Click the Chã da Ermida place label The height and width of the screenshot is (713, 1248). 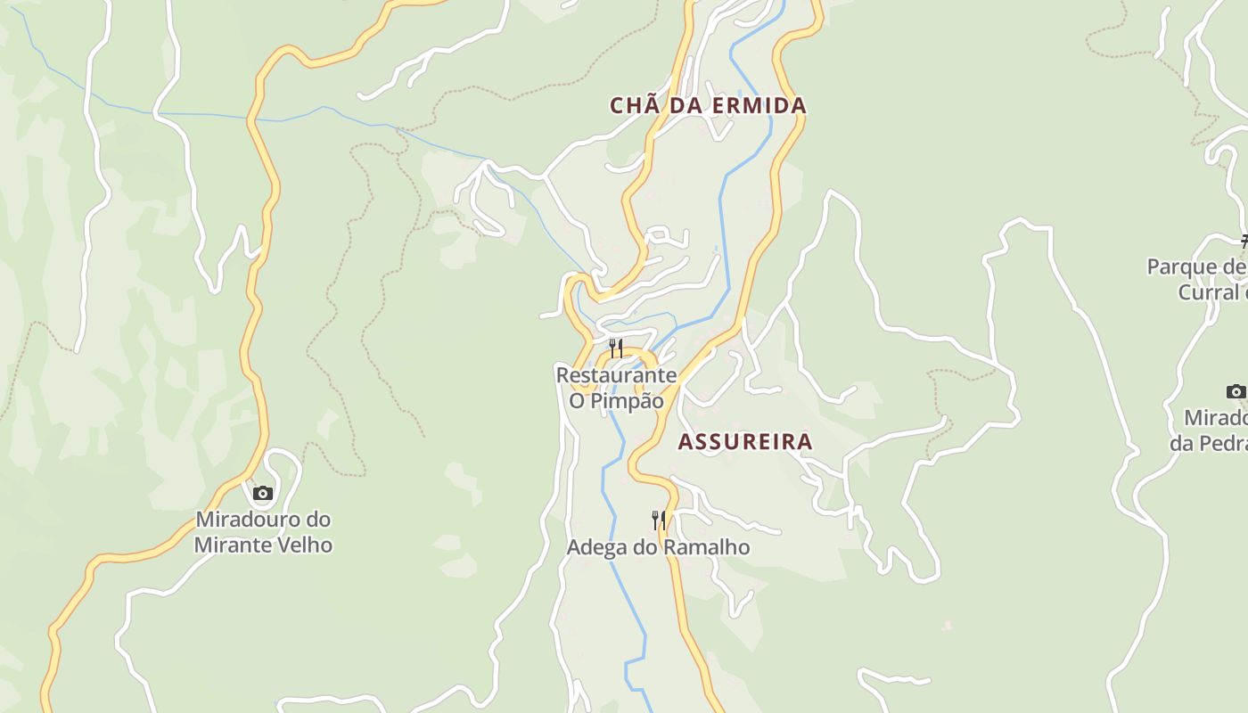pyautogui.click(x=708, y=105)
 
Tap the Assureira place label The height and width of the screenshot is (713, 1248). pyautogui.click(x=745, y=441)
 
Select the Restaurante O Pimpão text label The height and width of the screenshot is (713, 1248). pyautogui.click(x=616, y=388)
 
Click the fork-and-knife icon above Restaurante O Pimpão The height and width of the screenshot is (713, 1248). pyautogui.click(x=616, y=347)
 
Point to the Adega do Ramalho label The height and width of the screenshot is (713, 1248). pyautogui.click(x=658, y=547)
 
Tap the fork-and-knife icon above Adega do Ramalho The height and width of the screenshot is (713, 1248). pyautogui.click(x=659, y=520)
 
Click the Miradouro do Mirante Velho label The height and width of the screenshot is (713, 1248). pyautogui.click(x=263, y=532)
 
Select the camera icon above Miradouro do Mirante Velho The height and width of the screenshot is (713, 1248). pyautogui.click(x=262, y=493)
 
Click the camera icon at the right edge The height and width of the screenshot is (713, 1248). pyautogui.click(x=1236, y=391)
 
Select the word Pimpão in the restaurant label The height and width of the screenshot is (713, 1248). pyautogui.click(x=628, y=401)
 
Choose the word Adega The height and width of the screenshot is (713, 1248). pyautogui.click(x=596, y=547)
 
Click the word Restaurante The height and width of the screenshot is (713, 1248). pyautogui.click(x=616, y=374)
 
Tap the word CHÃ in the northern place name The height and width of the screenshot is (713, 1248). pyautogui.click(x=628, y=105)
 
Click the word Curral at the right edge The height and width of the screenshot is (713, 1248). pyautogui.click(x=1209, y=292)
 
